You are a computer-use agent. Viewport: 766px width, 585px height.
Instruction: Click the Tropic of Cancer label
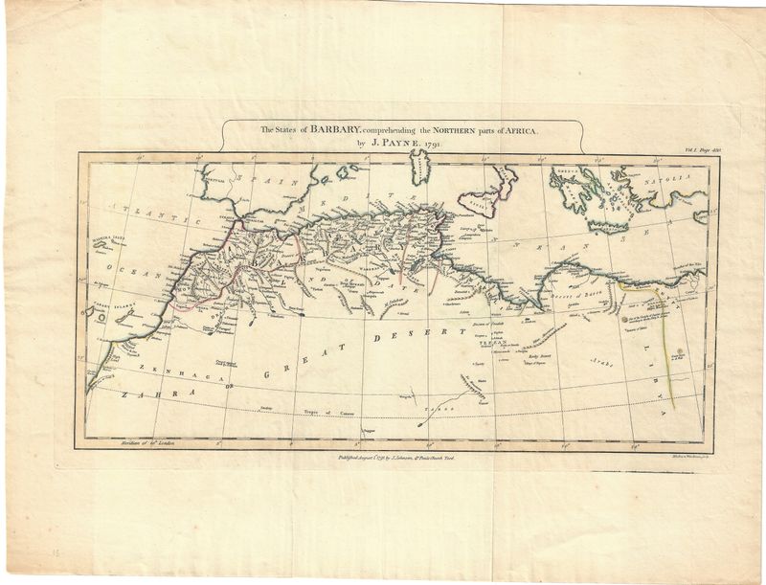pos(307,412)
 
